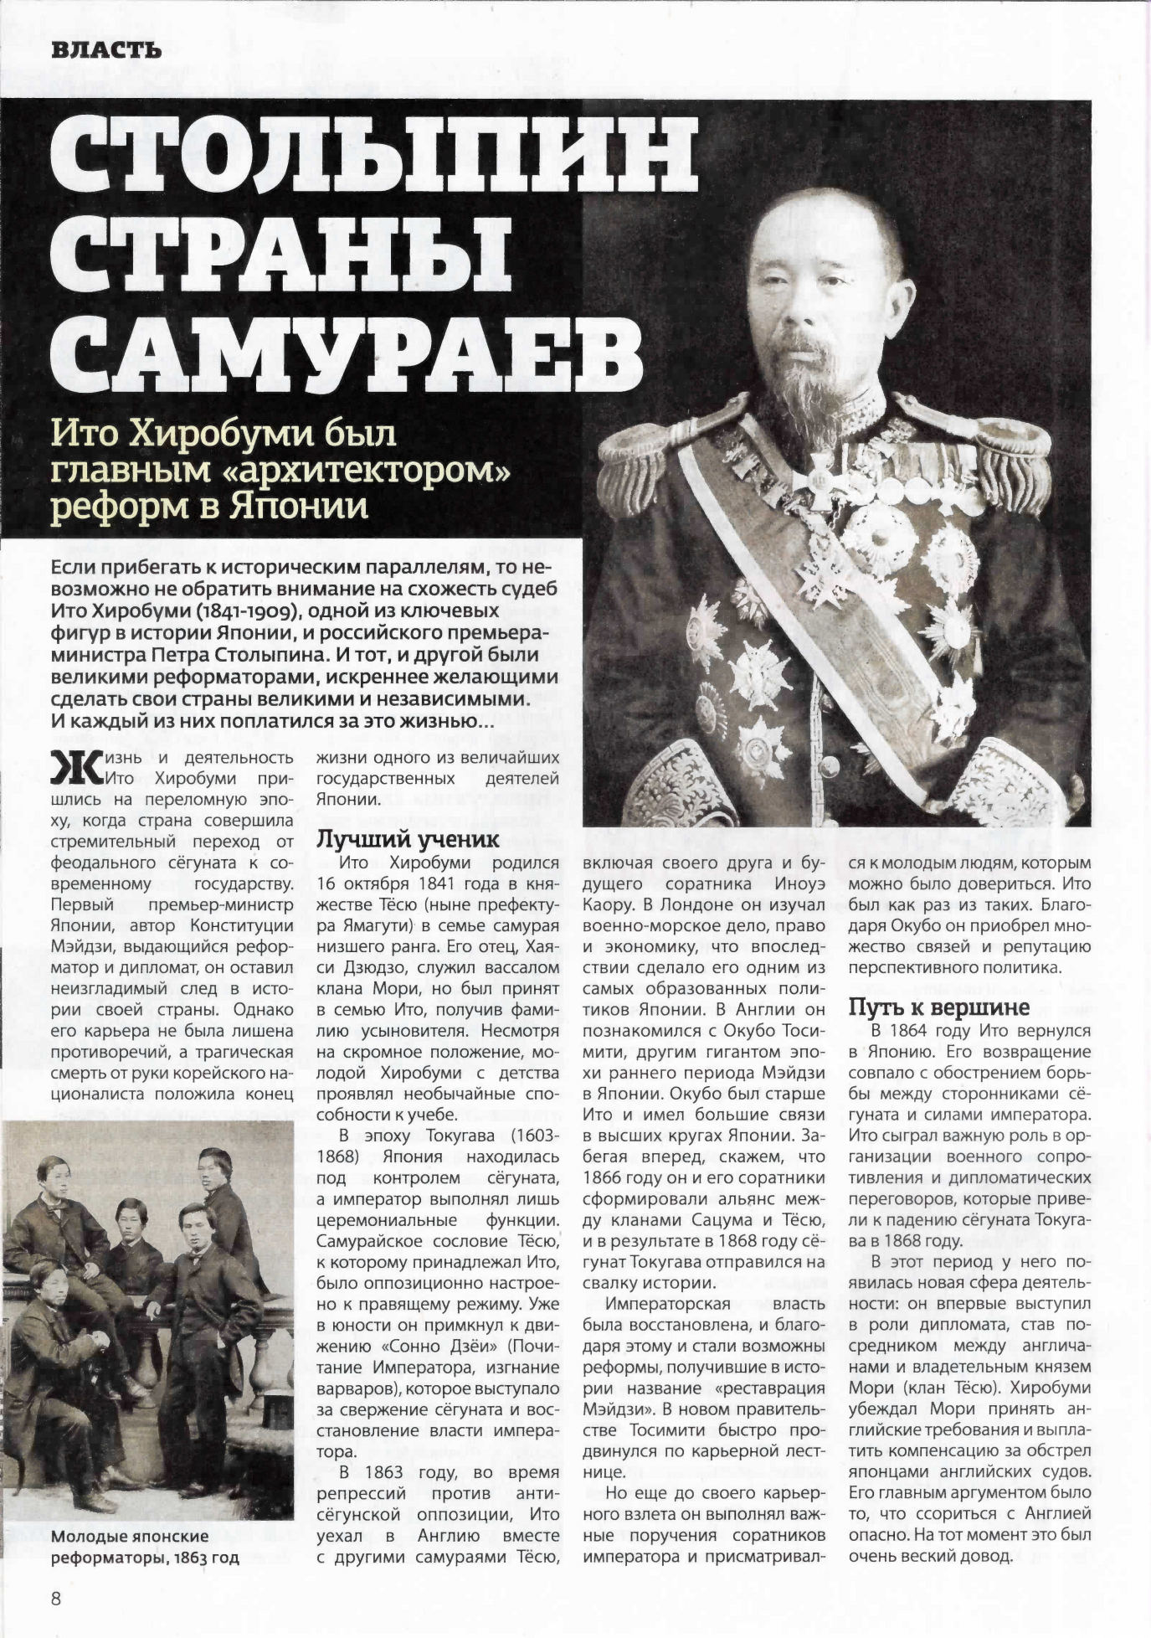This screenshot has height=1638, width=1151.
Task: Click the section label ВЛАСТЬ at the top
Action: tap(105, 49)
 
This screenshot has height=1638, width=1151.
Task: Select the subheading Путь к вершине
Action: tap(938, 1007)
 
